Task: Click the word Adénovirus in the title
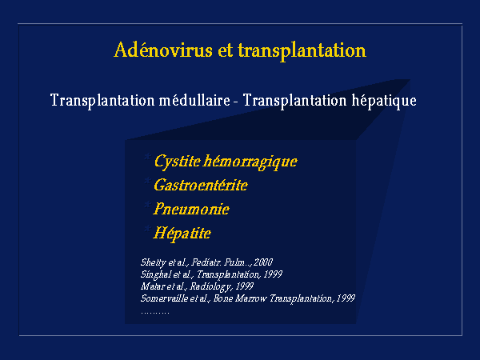(x=163, y=50)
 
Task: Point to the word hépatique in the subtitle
(x=384, y=101)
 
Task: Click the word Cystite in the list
(x=178, y=162)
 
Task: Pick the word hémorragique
(x=250, y=162)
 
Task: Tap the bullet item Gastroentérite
(x=201, y=185)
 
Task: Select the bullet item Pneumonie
(x=191, y=209)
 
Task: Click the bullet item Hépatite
(x=182, y=234)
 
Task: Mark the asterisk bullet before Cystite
(x=147, y=158)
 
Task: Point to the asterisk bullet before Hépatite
(x=147, y=229)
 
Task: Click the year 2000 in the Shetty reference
(x=263, y=262)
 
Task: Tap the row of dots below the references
(x=155, y=313)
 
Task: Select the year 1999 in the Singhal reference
(x=273, y=274)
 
